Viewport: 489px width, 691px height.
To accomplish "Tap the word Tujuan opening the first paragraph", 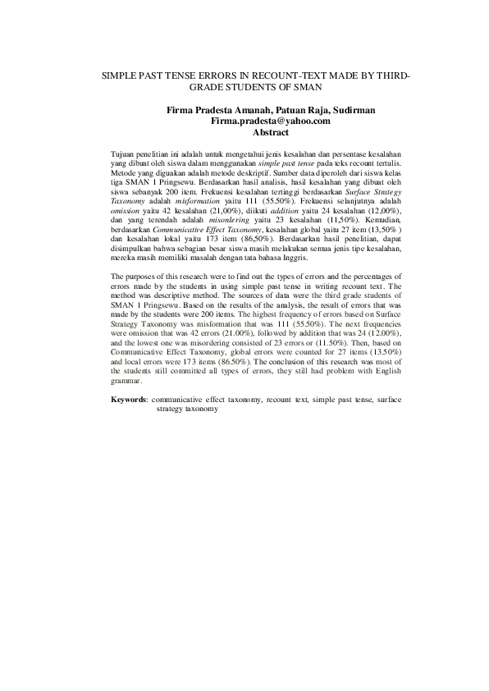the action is [124, 153].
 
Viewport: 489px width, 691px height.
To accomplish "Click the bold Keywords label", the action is [129, 399].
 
